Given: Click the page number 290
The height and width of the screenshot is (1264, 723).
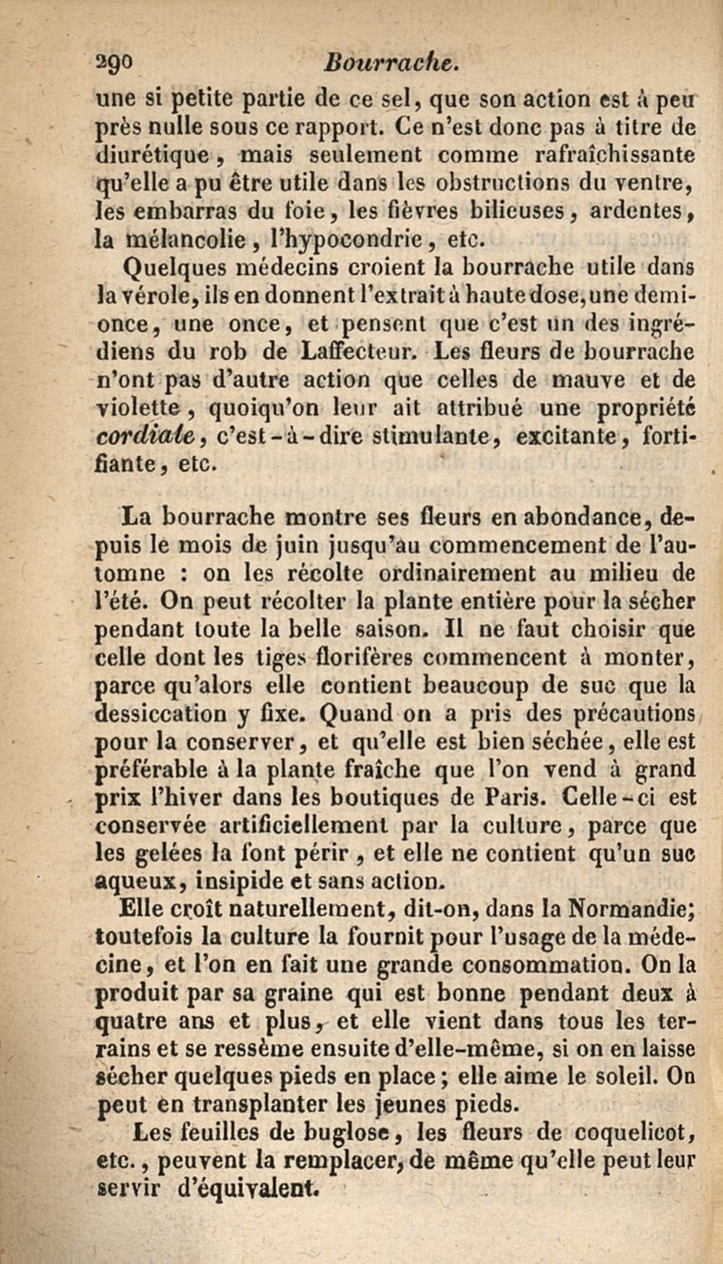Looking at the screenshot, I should [141, 63].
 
